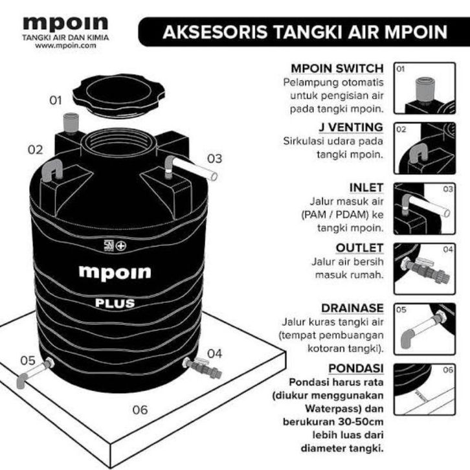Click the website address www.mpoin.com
pos(65,46)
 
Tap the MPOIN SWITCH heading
pos(337,69)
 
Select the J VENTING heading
pos(351,127)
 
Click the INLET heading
pos(366,188)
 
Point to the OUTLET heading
pos(359,248)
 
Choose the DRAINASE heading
pos(352,308)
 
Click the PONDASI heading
pos(356,368)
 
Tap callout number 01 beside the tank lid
pos(56,100)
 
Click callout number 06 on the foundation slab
pos(140,410)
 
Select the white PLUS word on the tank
pos(115,303)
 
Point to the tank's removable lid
pos(118,95)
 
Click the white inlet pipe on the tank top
pos(192,168)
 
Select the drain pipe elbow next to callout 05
pos(21,382)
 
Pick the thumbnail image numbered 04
pos(425,269)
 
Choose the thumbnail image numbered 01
pos(425,88)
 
